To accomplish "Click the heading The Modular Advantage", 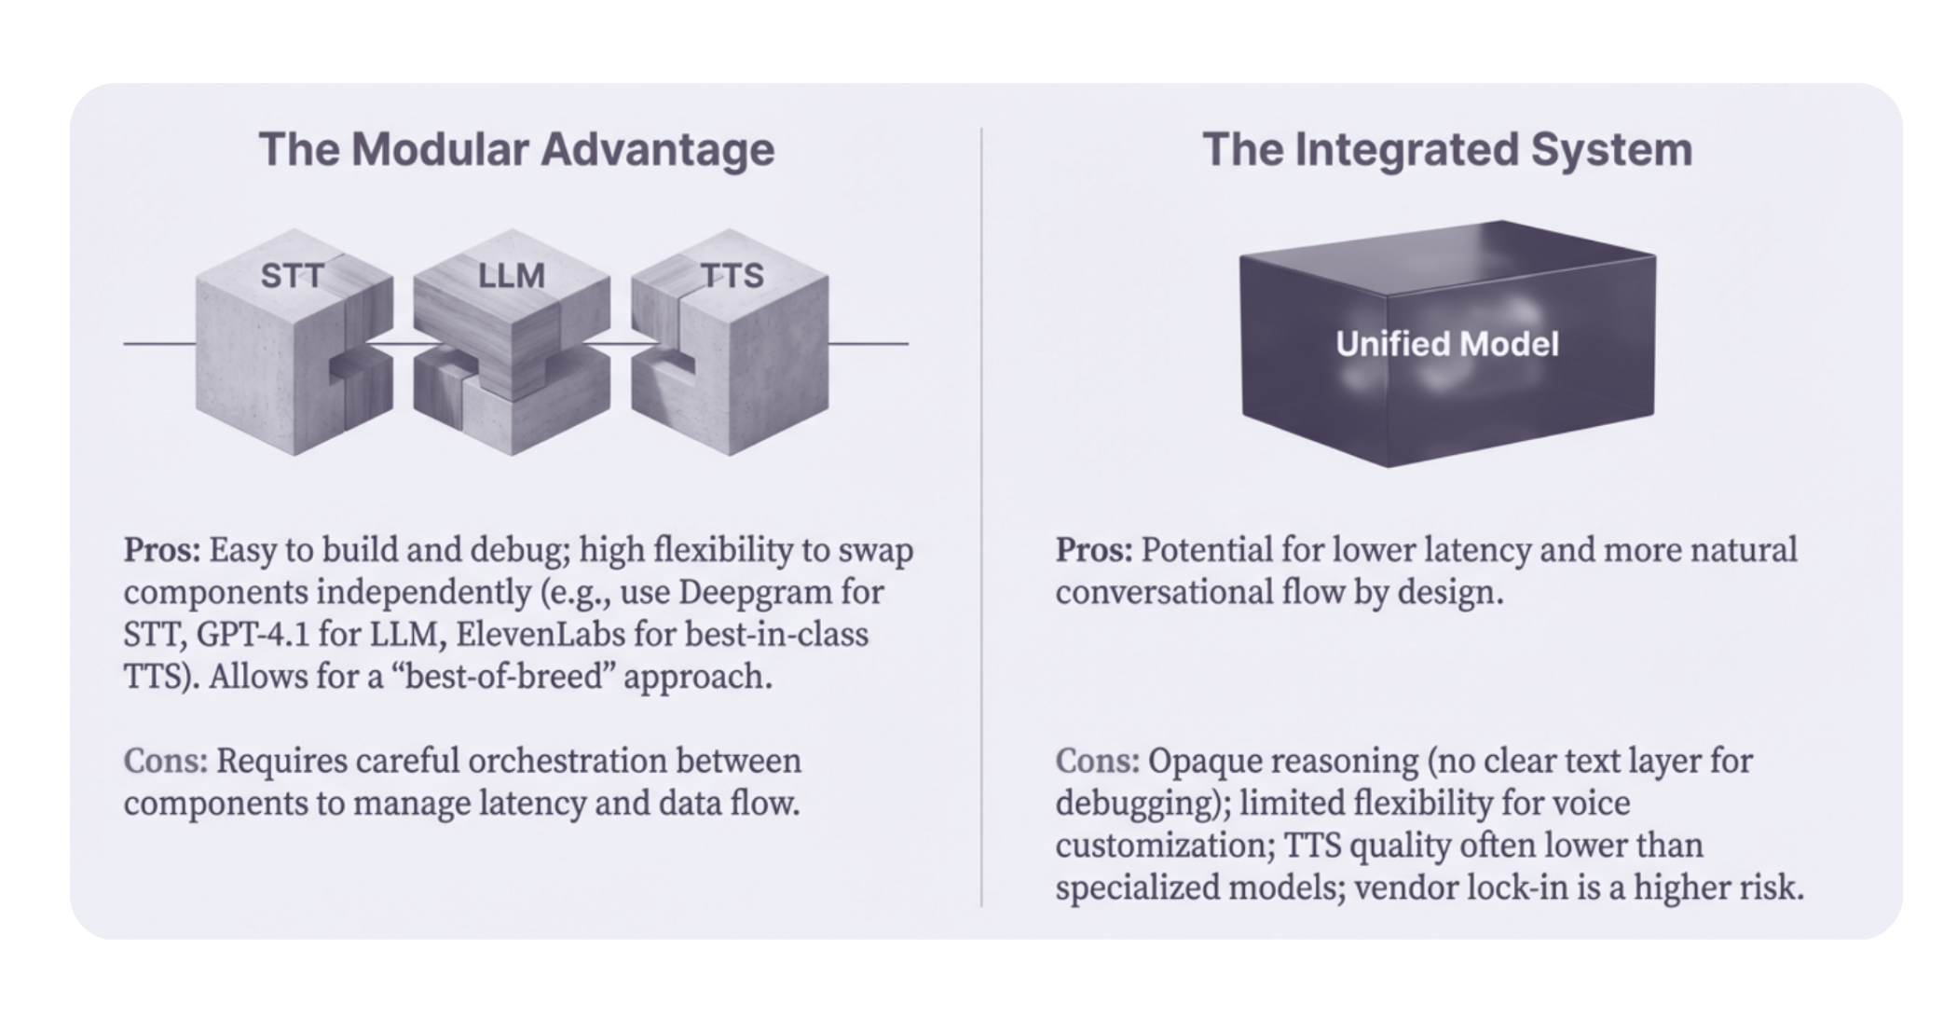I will coord(516,149).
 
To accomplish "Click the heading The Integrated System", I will coord(1447,149).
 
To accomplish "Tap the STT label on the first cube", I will coord(292,276).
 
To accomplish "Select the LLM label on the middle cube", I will coord(511,276).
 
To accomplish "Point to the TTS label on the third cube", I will coord(732,276).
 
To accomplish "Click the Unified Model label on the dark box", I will coord(1447,344).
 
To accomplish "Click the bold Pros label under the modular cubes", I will coord(161,550).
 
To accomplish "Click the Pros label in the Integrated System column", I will coord(1093,550).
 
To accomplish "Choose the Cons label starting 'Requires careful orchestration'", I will coord(165,761).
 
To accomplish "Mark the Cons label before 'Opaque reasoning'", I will coord(1097,761).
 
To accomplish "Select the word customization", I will coord(1164,846).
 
